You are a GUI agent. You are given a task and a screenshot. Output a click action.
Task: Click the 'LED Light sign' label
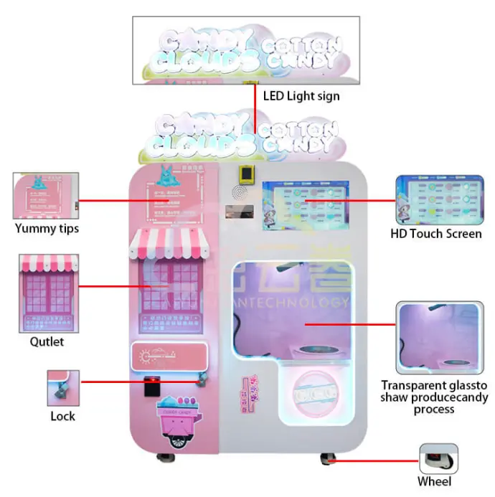click(x=301, y=95)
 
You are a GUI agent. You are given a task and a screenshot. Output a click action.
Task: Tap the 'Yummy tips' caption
click(x=47, y=229)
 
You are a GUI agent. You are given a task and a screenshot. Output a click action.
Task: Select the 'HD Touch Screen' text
click(x=436, y=234)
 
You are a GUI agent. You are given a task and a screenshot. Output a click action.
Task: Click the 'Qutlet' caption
click(x=47, y=341)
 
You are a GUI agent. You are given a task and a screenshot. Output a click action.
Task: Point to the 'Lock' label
click(x=62, y=416)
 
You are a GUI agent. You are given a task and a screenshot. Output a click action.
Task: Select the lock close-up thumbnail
click(x=63, y=388)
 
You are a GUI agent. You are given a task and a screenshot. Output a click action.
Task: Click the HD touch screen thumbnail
click(x=436, y=200)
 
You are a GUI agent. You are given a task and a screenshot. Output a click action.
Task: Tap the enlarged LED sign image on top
click(x=245, y=49)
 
